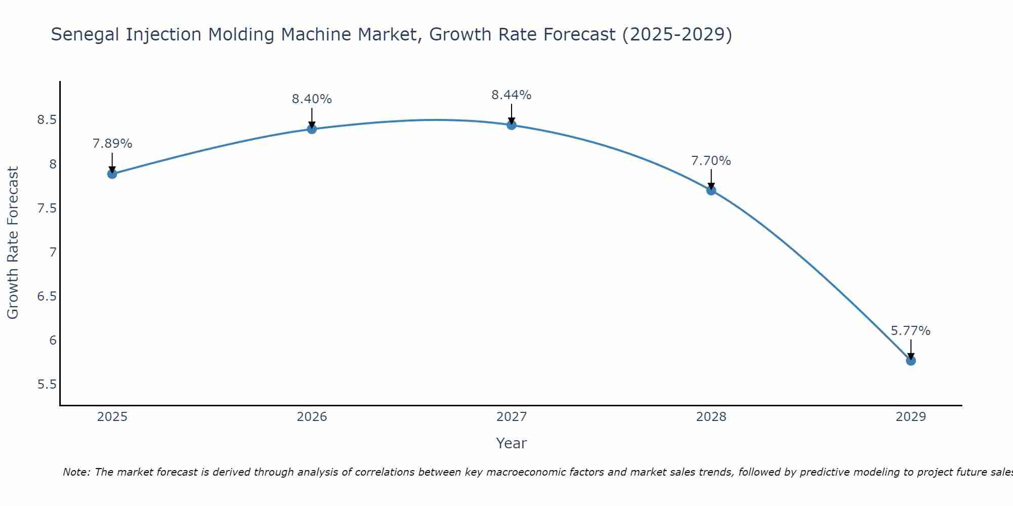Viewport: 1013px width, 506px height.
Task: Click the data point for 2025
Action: point(112,174)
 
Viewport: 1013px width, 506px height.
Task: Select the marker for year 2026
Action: point(311,129)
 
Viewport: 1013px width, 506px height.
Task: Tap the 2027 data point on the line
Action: point(512,125)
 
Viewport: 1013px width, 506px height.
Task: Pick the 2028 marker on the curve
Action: point(711,190)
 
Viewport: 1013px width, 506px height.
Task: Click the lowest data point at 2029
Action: point(911,361)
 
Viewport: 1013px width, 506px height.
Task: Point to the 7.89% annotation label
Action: point(112,144)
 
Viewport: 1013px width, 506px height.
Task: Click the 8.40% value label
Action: point(311,99)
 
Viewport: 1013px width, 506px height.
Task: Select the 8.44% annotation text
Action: point(512,95)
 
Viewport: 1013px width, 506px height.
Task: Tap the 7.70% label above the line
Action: point(711,161)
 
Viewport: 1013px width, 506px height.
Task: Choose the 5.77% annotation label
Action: point(911,331)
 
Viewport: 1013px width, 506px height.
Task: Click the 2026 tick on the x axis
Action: point(311,417)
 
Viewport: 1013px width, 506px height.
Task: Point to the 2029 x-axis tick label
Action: point(911,417)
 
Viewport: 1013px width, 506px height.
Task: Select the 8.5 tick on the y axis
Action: point(47,120)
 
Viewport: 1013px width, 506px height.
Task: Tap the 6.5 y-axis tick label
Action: point(47,297)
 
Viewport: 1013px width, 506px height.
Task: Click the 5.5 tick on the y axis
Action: point(47,385)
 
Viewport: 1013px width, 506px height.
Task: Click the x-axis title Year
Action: point(512,443)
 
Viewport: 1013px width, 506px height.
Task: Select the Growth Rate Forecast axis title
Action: point(13,243)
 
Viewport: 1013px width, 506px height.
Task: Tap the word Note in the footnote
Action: point(76,472)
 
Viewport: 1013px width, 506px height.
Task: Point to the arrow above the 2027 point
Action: point(512,114)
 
